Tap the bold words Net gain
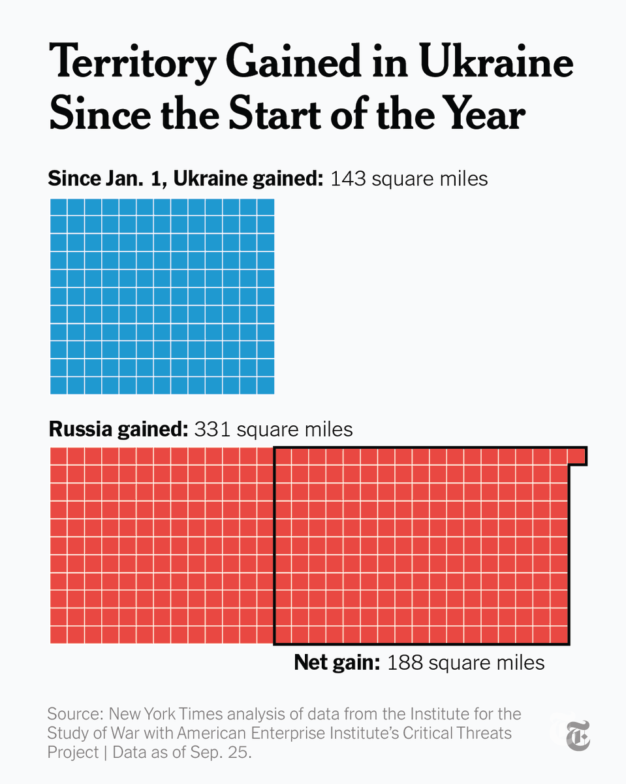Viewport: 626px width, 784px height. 337,662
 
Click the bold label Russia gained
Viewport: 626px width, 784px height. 118,429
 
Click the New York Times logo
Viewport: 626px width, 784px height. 577,734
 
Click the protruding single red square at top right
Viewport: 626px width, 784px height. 576,455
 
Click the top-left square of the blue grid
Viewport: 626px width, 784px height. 59,207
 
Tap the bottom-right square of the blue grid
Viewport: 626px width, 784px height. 266,385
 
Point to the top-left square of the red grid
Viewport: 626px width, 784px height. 59,455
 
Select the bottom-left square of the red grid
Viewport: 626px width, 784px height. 59,634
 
